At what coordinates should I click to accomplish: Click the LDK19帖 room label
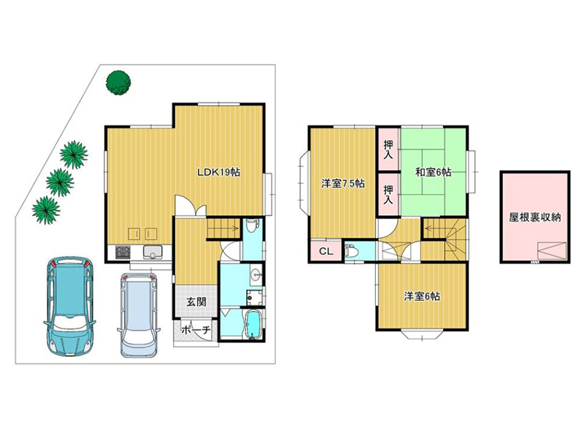[218, 172]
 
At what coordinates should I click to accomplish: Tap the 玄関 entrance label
[196, 301]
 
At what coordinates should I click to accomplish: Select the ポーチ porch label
[196, 330]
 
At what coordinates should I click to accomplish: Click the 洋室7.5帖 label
[342, 184]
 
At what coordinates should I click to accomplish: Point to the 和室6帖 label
[433, 172]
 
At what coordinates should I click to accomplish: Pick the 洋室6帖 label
[422, 296]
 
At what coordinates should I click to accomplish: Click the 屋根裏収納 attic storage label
[535, 218]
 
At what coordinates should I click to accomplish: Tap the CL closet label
[326, 251]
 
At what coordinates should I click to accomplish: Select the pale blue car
[139, 315]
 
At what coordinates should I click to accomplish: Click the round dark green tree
[118, 82]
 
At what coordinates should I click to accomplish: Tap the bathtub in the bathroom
[253, 325]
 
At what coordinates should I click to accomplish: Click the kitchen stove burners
[123, 252]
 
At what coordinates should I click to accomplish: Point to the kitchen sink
[152, 252]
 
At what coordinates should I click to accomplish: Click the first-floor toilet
[253, 226]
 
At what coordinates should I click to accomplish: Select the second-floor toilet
[352, 251]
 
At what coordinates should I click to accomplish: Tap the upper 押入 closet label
[388, 150]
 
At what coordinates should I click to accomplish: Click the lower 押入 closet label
[388, 194]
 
